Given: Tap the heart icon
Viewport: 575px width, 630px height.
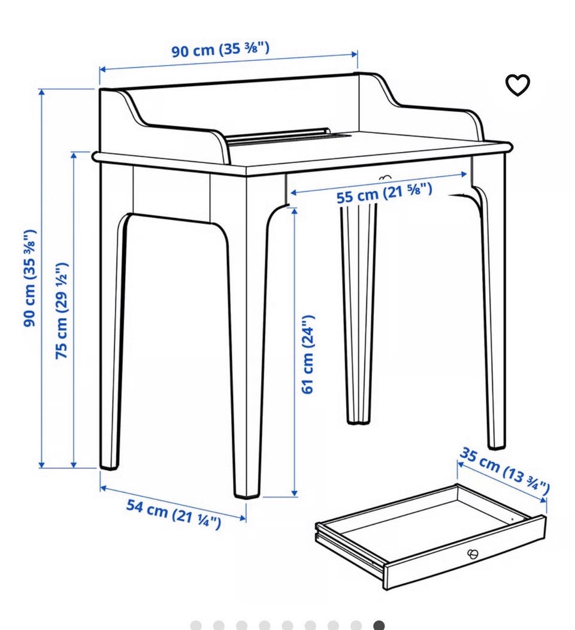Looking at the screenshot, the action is click(x=517, y=85).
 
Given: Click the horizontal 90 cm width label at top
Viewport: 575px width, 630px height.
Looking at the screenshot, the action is click(x=220, y=50).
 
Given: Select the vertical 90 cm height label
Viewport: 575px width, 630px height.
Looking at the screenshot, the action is click(x=30, y=278).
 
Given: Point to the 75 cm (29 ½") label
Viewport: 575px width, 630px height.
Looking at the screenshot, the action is click(x=62, y=311).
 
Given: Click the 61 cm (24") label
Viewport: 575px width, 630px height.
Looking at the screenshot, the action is click(x=307, y=355).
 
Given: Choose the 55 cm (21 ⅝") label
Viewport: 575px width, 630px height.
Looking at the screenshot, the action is click(x=385, y=192).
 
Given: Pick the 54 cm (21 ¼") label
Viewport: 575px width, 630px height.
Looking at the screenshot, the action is click(x=174, y=514).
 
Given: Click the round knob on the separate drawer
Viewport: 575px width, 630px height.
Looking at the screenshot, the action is click(x=473, y=555).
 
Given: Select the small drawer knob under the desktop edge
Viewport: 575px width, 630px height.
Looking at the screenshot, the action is click(x=385, y=177).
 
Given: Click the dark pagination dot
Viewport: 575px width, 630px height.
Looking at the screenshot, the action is click(x=379, y=625).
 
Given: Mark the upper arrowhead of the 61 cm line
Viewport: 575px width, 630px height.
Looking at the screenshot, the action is click(x=295, y=211).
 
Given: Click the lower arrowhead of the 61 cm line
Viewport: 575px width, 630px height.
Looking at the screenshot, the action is click(x=295, y=493).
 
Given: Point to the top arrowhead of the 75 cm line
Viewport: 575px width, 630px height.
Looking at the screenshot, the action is click(x=74, y=155).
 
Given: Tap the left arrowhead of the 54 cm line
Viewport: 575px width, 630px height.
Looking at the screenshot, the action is click(x=103, y=487).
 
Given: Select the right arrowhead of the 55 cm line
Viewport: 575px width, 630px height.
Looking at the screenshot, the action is click(x=464, y=174).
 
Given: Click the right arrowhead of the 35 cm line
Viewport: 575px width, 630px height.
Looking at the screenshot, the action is click(x=543, y=499).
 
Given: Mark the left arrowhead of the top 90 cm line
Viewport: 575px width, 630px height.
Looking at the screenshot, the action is click(x=103, y=69).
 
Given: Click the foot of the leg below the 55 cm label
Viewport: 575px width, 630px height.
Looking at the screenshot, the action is click(x=358, y=422).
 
